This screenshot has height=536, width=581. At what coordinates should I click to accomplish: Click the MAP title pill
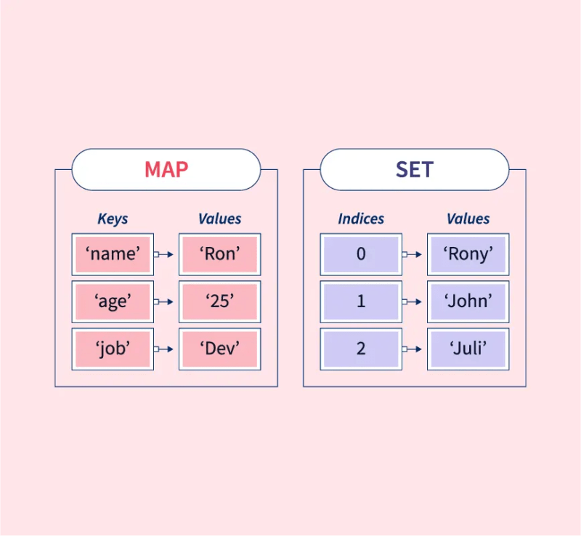pos(166,169)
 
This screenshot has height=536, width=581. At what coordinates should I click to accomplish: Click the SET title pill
pos(414,169)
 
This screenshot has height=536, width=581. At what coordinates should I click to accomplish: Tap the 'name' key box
pos(113,254)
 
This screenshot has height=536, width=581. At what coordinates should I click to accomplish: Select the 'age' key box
pos(113,301)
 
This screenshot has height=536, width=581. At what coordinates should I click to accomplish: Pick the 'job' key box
pos(113,349)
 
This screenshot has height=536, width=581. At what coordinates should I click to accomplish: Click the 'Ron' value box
pos(219,254)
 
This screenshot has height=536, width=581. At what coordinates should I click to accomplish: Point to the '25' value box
pos(219,301)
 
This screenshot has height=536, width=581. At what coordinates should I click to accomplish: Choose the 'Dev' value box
pos(219,349)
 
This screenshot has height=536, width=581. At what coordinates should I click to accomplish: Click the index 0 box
pos(361,254)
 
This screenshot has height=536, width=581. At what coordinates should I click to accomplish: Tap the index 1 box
pos(361,301)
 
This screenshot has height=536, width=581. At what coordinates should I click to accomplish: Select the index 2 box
pos(361,349)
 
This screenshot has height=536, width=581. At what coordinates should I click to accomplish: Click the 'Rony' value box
pos(468,254)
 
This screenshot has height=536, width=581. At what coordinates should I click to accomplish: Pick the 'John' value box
pos(468,301)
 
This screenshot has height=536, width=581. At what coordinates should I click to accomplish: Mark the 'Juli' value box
pos(468,349)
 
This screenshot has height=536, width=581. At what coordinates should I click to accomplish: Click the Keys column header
pos(113,219)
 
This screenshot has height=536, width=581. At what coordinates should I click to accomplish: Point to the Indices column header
pos(361,219)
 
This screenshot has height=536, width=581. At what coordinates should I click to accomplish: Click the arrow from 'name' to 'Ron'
pos(165,254)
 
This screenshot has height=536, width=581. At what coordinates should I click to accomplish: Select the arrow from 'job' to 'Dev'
pos(165,349)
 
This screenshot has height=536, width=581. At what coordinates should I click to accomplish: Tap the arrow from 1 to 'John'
pos(413,301)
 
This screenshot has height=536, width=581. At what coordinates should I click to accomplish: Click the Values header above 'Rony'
pos(468,219)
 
